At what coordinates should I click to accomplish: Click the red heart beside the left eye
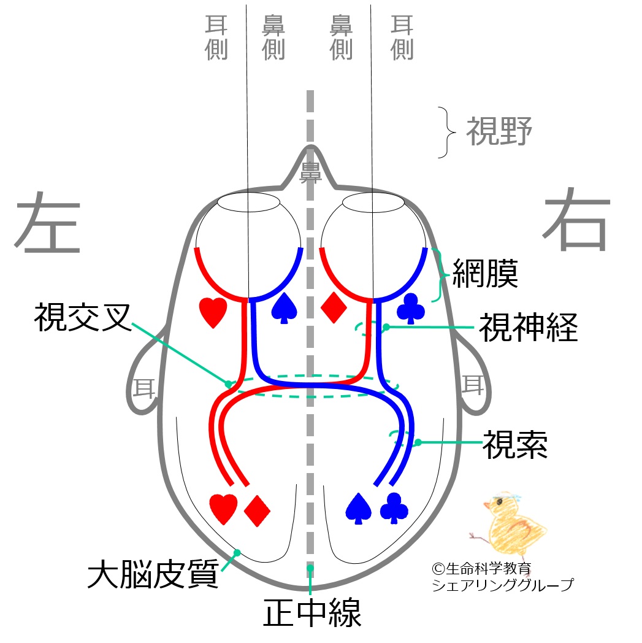(x=213, y=311)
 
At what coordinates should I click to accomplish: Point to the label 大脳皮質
(x=153, y=573)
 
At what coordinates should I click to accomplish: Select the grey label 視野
(x=499, y=131)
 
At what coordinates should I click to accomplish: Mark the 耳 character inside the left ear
(x=145, y=387)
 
